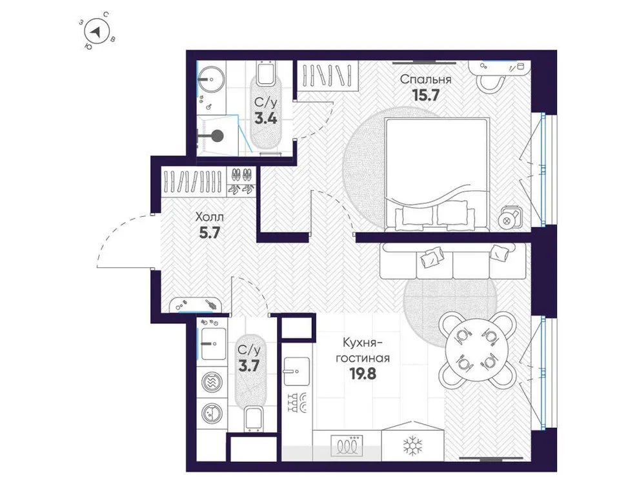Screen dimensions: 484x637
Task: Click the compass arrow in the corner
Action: [x=96, y=31]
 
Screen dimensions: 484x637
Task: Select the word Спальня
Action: [x=425, y=79]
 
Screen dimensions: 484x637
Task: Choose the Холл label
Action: [x=208, y=218]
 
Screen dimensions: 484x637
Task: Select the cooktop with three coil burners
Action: [x=347, y=445]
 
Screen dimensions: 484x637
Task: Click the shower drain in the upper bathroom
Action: [x=217, y=136]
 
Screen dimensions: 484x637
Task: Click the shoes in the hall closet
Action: [x=242, y=181]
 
